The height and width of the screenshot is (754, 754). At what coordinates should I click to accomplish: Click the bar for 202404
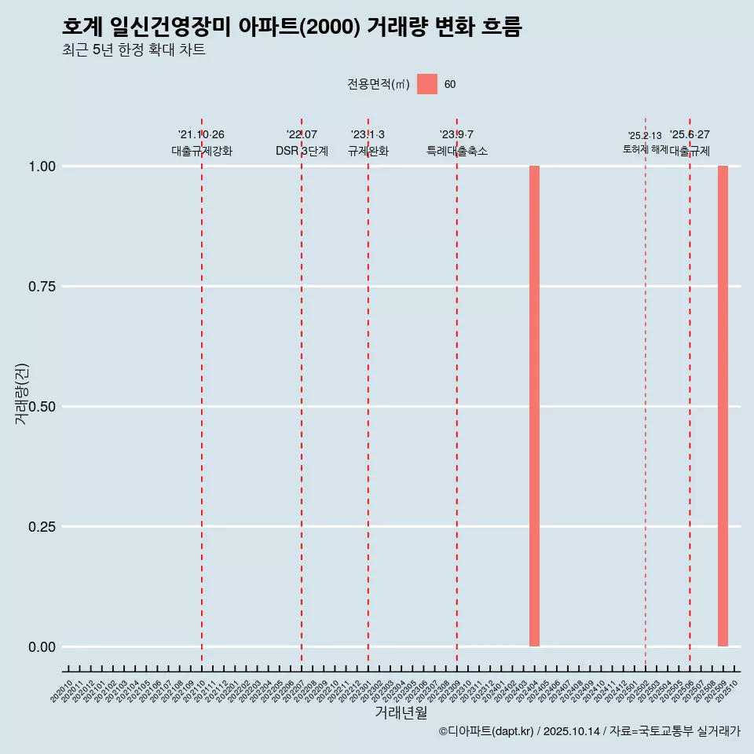point(534,406)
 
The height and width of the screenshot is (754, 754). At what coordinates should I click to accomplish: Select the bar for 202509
point(723,406)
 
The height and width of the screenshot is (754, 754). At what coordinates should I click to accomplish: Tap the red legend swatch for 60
point(427,84)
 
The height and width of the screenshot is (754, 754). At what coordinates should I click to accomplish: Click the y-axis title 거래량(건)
point(22,393)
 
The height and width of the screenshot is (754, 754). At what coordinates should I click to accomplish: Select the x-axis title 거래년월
point(401,712)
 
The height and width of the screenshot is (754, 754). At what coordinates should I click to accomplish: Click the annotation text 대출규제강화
point(202,151)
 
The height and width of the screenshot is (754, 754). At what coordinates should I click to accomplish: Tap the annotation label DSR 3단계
point(302,151)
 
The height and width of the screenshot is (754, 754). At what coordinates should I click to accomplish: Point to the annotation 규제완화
point(368,151)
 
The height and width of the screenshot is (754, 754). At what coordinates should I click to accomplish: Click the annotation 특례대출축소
point(457,151)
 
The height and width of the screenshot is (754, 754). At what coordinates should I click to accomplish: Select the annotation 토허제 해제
point(645,148)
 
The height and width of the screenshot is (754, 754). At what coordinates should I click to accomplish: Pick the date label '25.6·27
point(690,135)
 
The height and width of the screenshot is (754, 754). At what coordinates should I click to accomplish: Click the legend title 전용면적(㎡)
point(379,85)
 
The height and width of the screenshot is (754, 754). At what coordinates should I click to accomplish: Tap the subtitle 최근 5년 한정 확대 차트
point(134,50)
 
